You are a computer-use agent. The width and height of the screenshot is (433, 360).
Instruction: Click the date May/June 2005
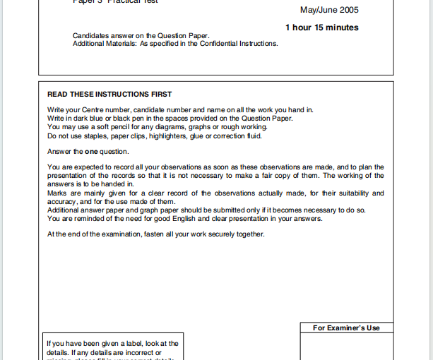329,10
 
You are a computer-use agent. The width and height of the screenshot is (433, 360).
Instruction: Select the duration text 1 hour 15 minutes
321,28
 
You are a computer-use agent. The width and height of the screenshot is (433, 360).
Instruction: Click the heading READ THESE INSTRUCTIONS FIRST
109,94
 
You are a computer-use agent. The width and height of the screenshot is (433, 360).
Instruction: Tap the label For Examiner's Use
346,328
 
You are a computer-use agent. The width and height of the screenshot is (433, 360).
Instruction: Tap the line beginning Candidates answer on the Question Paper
141,35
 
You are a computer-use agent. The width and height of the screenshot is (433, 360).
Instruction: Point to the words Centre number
106,110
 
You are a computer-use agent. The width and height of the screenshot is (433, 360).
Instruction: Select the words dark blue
93,119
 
